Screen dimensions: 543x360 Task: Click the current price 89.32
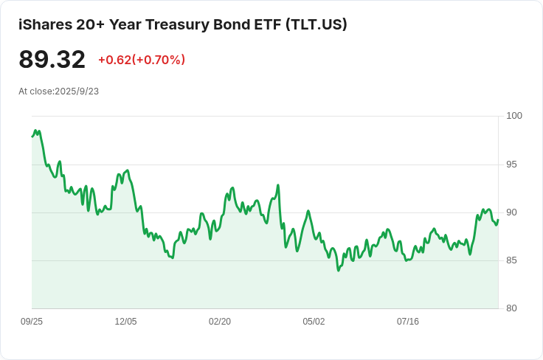coord(52,60)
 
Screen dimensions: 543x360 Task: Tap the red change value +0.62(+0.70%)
coord(142,60)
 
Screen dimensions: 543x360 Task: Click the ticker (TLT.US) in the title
coord(317,24)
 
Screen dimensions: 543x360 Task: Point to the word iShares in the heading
coord(45,24)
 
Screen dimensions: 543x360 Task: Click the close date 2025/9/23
coord(77,91)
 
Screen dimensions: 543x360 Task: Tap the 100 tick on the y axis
coord(514,116)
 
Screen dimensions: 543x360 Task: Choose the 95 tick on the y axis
coord(511,165)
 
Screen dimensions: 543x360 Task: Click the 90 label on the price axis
coord(511,212)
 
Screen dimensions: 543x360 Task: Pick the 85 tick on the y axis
coord(511,260)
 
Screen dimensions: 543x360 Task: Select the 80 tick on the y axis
coord(511,308)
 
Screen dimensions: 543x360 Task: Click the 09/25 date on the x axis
coord(32,322)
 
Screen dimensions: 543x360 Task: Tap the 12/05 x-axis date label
coord(125,322)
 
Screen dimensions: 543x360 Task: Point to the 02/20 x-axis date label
coord(220,322)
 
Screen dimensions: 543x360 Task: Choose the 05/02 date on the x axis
coord(314,322)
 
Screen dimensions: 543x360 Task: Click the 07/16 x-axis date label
coord(408,322)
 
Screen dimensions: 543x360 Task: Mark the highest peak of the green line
coord(35,131)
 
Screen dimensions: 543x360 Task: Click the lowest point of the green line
coord(339,270)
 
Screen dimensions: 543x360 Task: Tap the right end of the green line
coord(498,220)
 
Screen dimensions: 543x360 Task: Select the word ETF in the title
coord(268,25)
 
